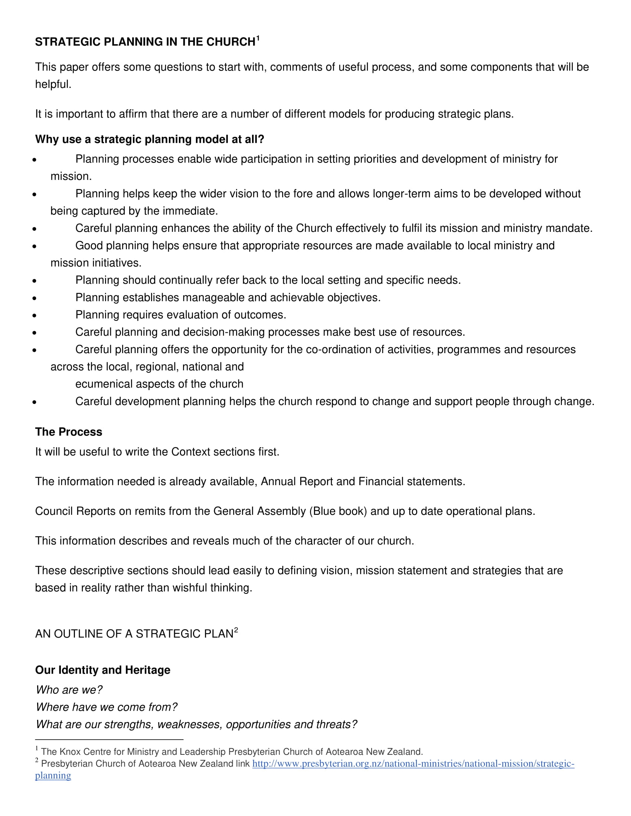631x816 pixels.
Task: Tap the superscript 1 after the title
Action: [x=258, y=38]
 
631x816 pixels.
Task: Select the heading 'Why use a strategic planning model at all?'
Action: [x=150, y=139]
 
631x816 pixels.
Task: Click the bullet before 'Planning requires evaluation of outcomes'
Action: [x=35, y=315]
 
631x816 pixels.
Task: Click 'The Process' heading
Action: [x=68, y=432]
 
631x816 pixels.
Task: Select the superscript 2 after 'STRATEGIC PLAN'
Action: [x=236, y=630]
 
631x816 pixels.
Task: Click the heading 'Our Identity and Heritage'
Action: [x=102, y=670]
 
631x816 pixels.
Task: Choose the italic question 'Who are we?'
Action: [x=69, y=690]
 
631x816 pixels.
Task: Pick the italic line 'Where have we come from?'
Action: [x=107, y=707]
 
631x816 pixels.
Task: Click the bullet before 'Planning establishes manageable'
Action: [x=35, y=298]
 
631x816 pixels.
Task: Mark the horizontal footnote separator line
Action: [x=109, y=739]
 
